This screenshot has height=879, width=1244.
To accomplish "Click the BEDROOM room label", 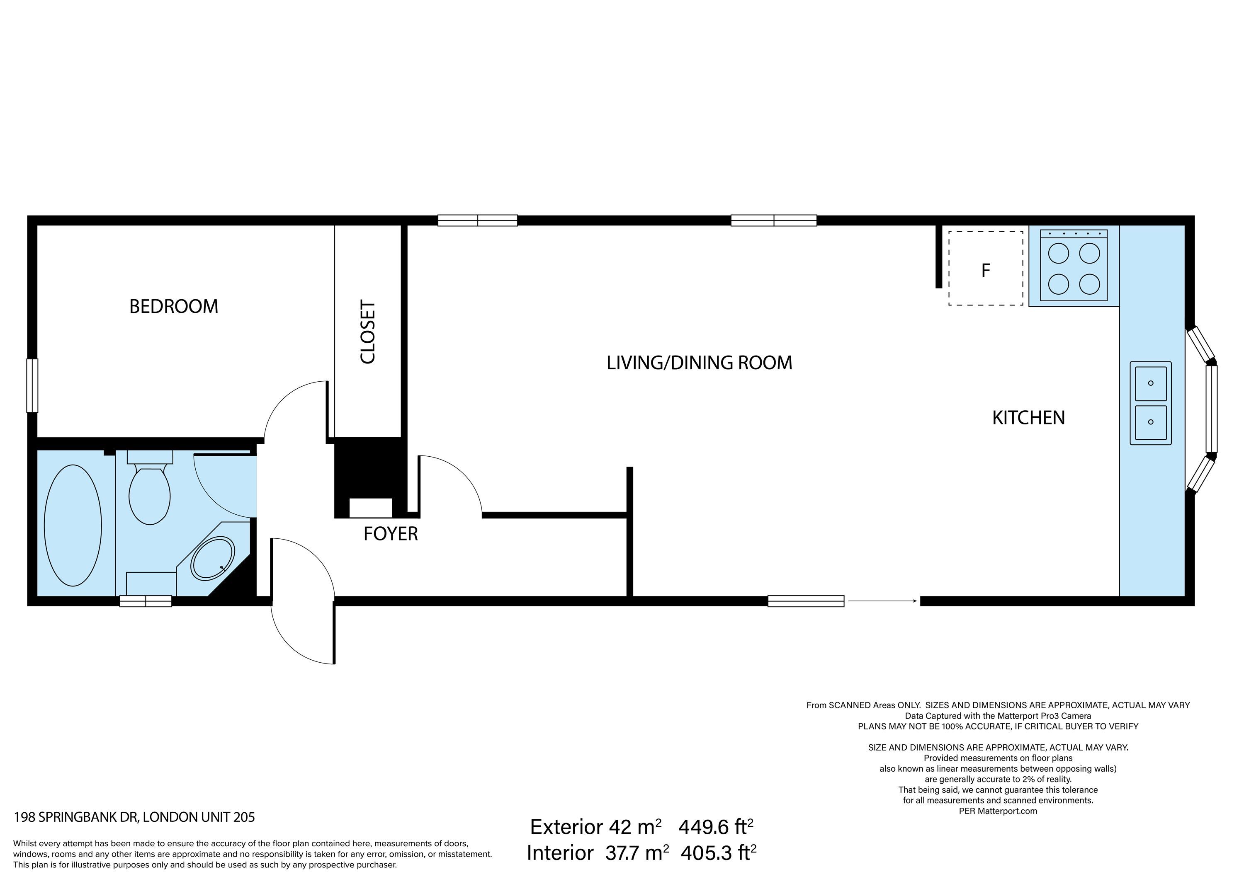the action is (x=173, y=307).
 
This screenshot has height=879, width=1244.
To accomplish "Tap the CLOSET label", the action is (x=368, y=332).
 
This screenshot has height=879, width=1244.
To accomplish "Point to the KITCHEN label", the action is (x=1028, y=418).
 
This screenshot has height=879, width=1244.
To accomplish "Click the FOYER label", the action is (x=391, y=534).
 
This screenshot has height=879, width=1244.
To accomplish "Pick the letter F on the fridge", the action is (x=986, y=270).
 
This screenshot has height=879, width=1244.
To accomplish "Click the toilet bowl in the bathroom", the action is (x=150, y=496).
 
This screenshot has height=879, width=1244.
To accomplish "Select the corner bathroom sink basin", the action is (x=213, y=558).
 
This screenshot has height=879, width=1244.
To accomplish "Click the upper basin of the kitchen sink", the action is (x=1151, y=383).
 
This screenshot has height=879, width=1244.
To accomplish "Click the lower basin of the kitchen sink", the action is (x=1151, y=422).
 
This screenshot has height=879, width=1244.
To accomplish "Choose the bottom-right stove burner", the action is (x=1090, y=284).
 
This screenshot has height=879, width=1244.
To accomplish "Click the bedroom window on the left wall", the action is (x=32, y=385).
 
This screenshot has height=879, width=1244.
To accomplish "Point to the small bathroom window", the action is (x=146, y=601).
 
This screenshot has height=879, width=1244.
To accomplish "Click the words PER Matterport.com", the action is (x=998, y=811).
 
